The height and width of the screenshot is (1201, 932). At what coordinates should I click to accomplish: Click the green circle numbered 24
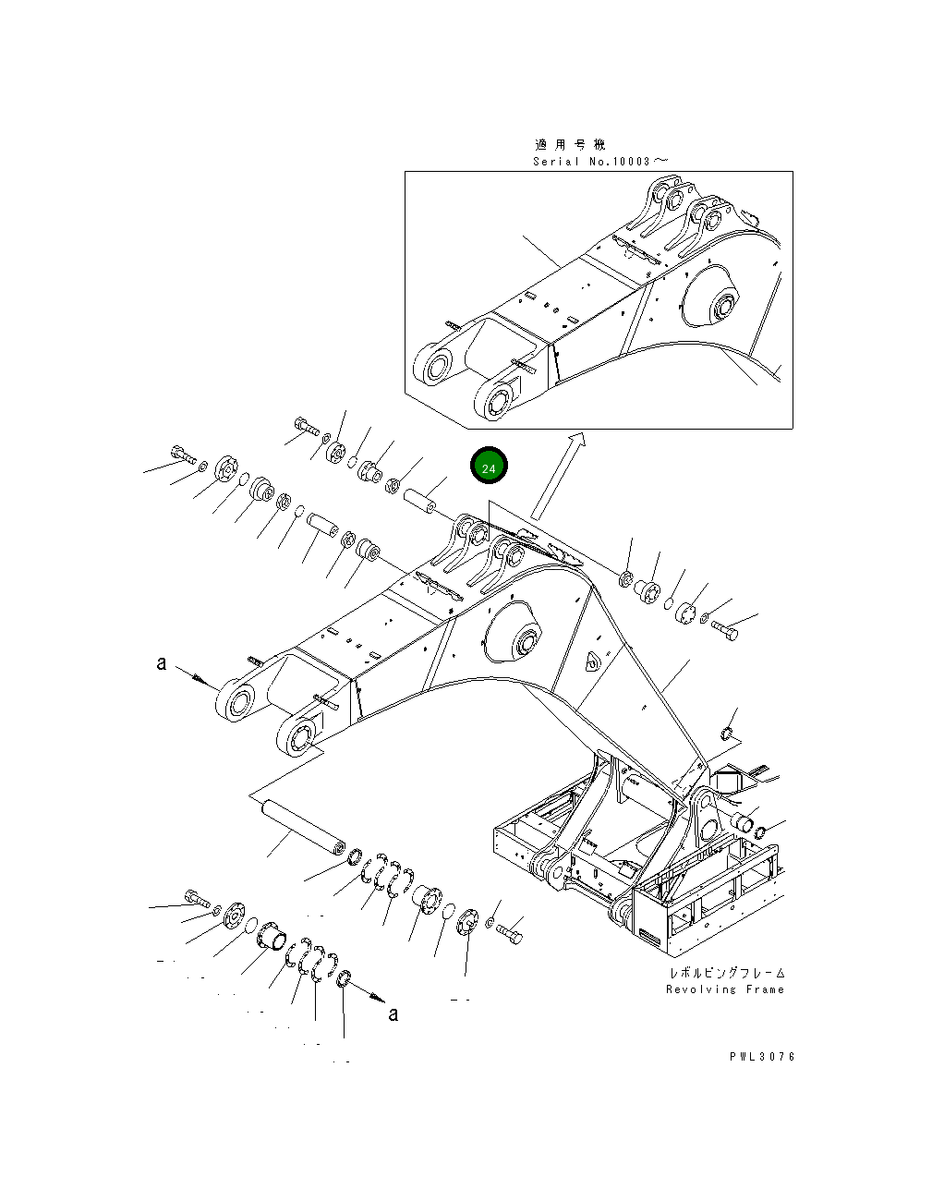(x=489, y=467)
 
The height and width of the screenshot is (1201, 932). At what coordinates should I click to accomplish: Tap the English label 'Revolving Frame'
(x=725, y=989)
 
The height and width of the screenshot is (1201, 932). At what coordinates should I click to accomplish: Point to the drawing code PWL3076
(x=760, y=1057)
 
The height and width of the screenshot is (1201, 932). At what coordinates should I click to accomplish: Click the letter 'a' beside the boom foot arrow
(x=162, y=663)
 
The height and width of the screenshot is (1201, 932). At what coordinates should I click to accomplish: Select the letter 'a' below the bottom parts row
(x=393, y=1014)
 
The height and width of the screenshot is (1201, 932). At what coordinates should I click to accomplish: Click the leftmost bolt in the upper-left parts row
(x=181, y=455)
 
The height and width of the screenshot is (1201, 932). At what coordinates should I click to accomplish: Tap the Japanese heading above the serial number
(x=570, y=145)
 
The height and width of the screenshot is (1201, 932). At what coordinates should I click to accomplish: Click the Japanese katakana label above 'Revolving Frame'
(x=727, y=973)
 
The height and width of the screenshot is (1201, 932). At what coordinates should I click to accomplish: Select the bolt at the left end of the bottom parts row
(x=197, y=896)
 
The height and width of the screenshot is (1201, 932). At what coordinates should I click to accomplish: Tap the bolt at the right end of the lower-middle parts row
(x=509, y=935)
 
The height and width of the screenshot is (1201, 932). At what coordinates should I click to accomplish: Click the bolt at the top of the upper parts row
(x=306, y=426)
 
